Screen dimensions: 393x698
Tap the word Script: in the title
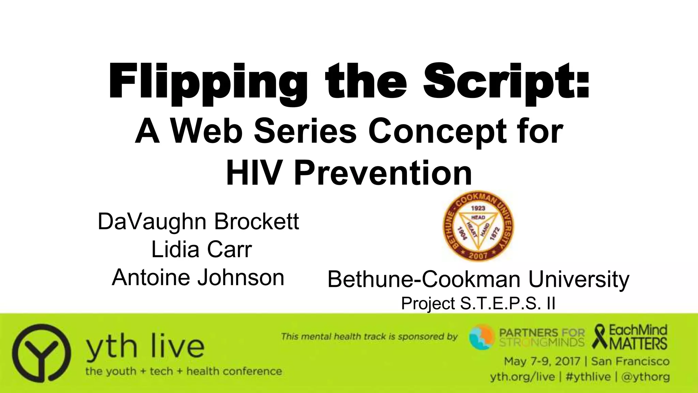pyautogui.click(x=506, y=82)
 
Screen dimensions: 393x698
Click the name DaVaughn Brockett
pyautogui.click(x=198, y=221)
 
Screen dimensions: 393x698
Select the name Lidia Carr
pyautogui.click(x=201, y=249)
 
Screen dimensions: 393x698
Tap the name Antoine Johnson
pyautogui.click(x=198, y=277)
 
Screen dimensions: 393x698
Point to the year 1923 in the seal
pyautogui.click(x=478, y=208)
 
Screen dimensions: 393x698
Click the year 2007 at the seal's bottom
pyautogui.click(x=479, y=255)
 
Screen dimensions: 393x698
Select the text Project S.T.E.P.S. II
pyautogui.click(x=478, y=303)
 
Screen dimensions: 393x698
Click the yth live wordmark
pyautogui.click(x=145, y=346)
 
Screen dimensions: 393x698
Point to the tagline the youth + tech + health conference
pyautogui.click(x=183, y=371)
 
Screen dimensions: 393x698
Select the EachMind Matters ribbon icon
pyautogui.click(x=601, y=336)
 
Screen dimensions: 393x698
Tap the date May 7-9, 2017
pyautogui.click(x=542, y=361)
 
